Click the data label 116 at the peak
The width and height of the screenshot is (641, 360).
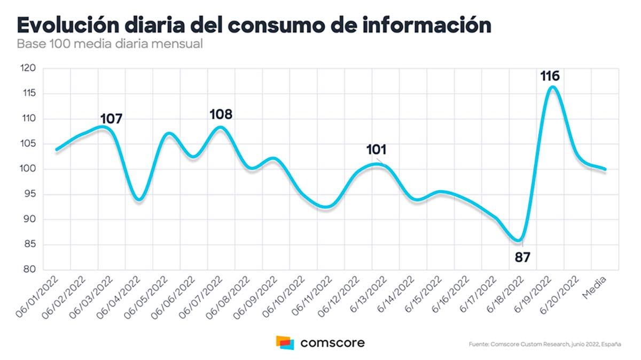550,76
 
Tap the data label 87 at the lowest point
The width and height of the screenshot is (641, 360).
522,257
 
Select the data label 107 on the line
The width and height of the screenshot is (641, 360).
111,119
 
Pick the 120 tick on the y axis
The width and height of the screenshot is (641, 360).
28,69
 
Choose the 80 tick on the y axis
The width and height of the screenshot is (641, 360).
29,270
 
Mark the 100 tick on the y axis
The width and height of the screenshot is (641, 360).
28,169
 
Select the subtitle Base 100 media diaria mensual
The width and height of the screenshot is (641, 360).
110,44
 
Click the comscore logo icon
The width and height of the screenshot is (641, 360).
285,342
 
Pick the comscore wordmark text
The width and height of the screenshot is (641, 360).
332,342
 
